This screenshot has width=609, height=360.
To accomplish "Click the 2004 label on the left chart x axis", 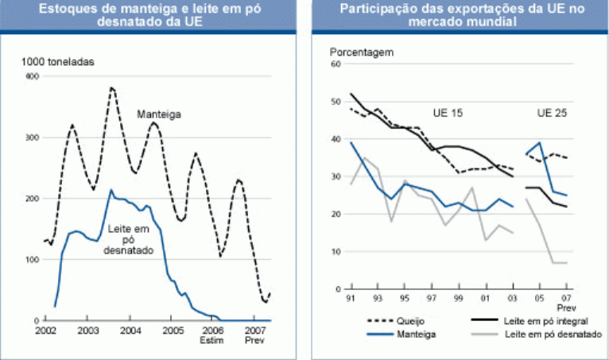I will tap(130, 330).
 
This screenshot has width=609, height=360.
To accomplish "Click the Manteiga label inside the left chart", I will tap(159, 114).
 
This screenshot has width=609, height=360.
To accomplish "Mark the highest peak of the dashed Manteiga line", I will tap(112, 87).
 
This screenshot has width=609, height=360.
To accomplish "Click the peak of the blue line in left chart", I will tap(111, 190).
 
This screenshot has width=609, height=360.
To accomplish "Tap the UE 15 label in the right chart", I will tap(448, 113).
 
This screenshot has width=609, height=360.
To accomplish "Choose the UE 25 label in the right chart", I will tap(552, 113).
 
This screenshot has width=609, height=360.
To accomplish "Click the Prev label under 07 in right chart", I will tap(567, 308).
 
